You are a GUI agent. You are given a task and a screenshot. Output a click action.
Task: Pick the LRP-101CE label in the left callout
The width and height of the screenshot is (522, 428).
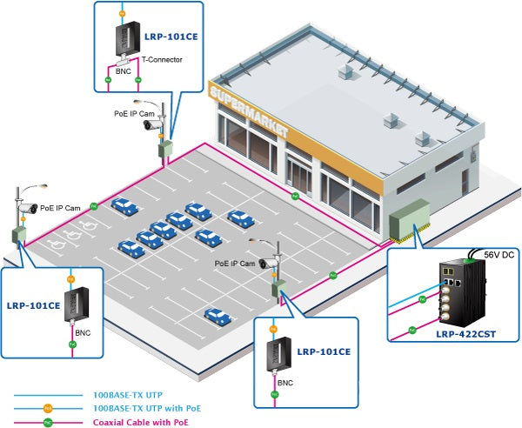pos(33,305)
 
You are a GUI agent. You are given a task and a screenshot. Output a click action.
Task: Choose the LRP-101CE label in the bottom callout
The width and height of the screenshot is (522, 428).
pos(323,351)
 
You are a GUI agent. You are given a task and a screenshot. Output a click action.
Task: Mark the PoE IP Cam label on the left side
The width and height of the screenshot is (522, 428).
pos(60,208)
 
